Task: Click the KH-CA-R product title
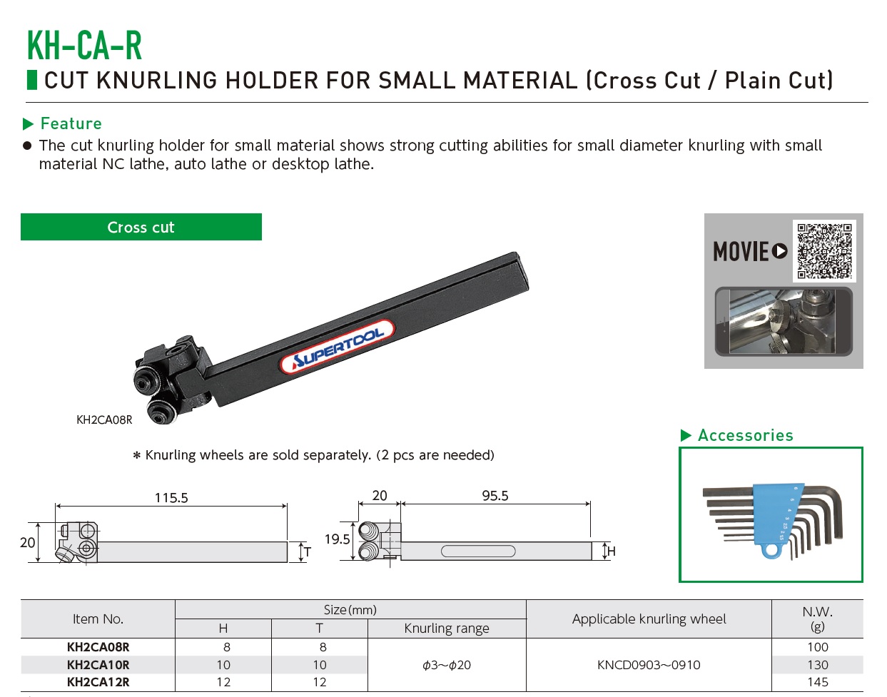click(84, 45)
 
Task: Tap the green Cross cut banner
click(141, 227)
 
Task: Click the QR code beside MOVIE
click(824, 251)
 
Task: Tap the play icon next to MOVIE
click(780, 251)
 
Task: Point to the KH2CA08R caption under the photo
click(104, 420)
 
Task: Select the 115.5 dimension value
click(171, 498)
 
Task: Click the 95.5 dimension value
click(495, 496)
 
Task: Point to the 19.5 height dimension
click(337, 539)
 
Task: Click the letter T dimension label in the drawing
click(308, 552)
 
